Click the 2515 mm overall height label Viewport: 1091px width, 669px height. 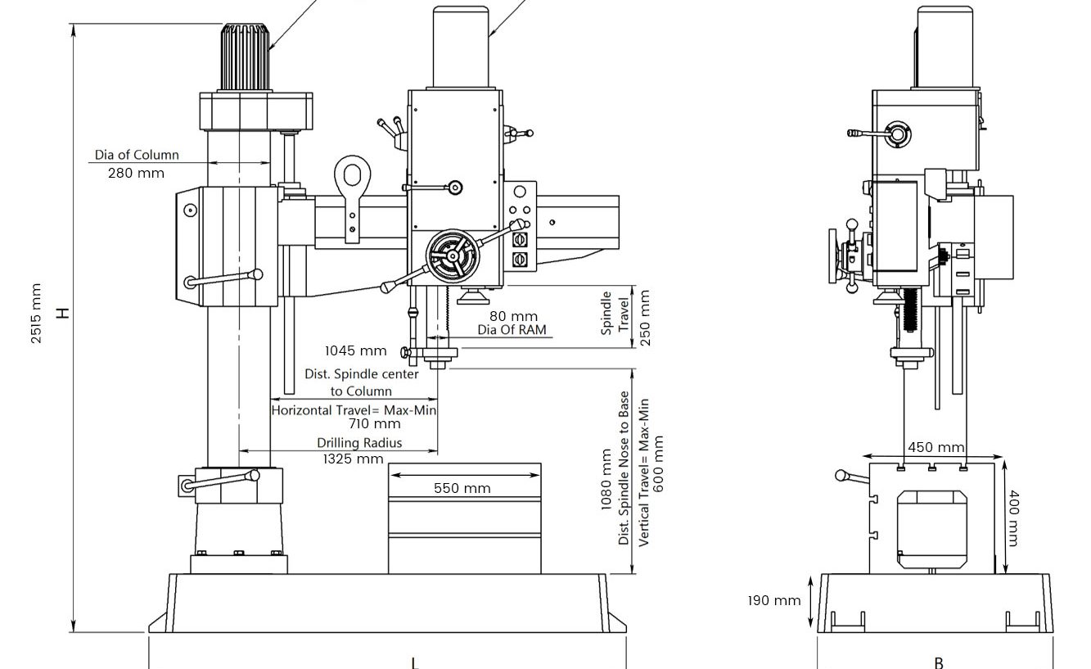tap(36, 314)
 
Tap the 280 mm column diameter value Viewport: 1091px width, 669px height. tap(136, 173)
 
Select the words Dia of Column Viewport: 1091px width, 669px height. tap(137, 155)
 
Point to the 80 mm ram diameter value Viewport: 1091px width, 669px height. tap(513, 316)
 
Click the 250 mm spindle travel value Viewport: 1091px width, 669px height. tap(645, 318)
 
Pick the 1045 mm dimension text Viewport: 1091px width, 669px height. tap(355, 350)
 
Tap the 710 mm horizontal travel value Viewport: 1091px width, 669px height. tap(375, 424)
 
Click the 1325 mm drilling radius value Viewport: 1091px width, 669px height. tap(353, 459)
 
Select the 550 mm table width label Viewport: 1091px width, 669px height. tap(462, 488)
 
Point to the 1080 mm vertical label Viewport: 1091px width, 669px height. tap(606, 480)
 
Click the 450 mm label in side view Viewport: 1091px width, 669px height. tap(936, 447)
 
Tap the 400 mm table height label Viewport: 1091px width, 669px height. tap(1014, 518)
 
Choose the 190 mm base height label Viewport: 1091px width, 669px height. tap(774, 601)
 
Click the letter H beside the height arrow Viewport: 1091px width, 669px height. tap(64, 313)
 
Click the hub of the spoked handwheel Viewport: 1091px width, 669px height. tap(453, 256)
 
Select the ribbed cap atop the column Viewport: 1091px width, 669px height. tap(245, 57)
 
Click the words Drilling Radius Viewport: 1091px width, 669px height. tap(359, 443)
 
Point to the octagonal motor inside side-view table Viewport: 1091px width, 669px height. tap(931, 530)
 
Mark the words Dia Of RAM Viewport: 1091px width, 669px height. tap(512, 330)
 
